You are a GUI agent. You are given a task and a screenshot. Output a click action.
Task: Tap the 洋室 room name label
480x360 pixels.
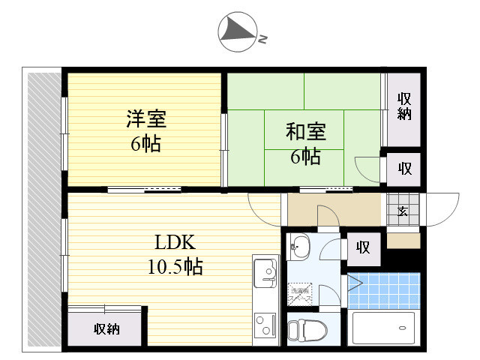145,118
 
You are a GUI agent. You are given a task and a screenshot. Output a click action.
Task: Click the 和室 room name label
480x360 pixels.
305,132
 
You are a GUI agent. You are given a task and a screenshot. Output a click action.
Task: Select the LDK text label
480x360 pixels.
175,242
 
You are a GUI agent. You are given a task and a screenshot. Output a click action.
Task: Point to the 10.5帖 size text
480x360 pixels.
175,266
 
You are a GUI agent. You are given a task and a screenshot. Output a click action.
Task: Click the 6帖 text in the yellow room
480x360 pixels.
145,143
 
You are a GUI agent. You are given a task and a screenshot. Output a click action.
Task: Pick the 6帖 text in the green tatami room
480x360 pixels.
305,157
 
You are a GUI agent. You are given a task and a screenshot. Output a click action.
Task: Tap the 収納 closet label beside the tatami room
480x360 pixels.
404,106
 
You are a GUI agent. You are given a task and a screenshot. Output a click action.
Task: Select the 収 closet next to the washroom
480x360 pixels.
364,247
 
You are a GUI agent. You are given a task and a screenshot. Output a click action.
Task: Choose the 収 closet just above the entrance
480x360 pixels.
404,168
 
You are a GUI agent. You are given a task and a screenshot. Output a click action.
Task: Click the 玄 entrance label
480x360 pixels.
403,211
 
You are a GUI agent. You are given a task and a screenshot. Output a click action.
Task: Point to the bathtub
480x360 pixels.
383,328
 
